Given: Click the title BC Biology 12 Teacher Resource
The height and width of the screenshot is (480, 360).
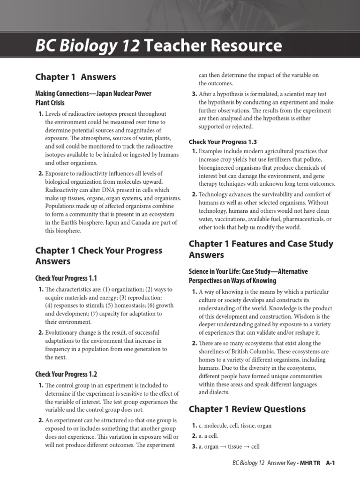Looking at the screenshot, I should click(159, 46).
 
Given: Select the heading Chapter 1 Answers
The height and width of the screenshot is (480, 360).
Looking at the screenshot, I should click(75, 77).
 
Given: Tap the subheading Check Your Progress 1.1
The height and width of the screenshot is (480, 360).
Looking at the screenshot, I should click(66, 278).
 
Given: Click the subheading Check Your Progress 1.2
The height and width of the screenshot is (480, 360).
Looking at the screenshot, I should click(66, 374).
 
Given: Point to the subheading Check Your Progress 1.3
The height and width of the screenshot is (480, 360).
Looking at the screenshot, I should click(223, 142).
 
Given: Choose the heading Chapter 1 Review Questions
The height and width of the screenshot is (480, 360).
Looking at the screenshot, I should click(247, 409).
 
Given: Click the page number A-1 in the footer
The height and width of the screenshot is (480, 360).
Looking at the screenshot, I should click(331, 463).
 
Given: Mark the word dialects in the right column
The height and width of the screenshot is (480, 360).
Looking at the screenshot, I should click(217, 392).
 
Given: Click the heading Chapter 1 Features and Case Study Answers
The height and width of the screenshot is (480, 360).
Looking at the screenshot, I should click(261, 249).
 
